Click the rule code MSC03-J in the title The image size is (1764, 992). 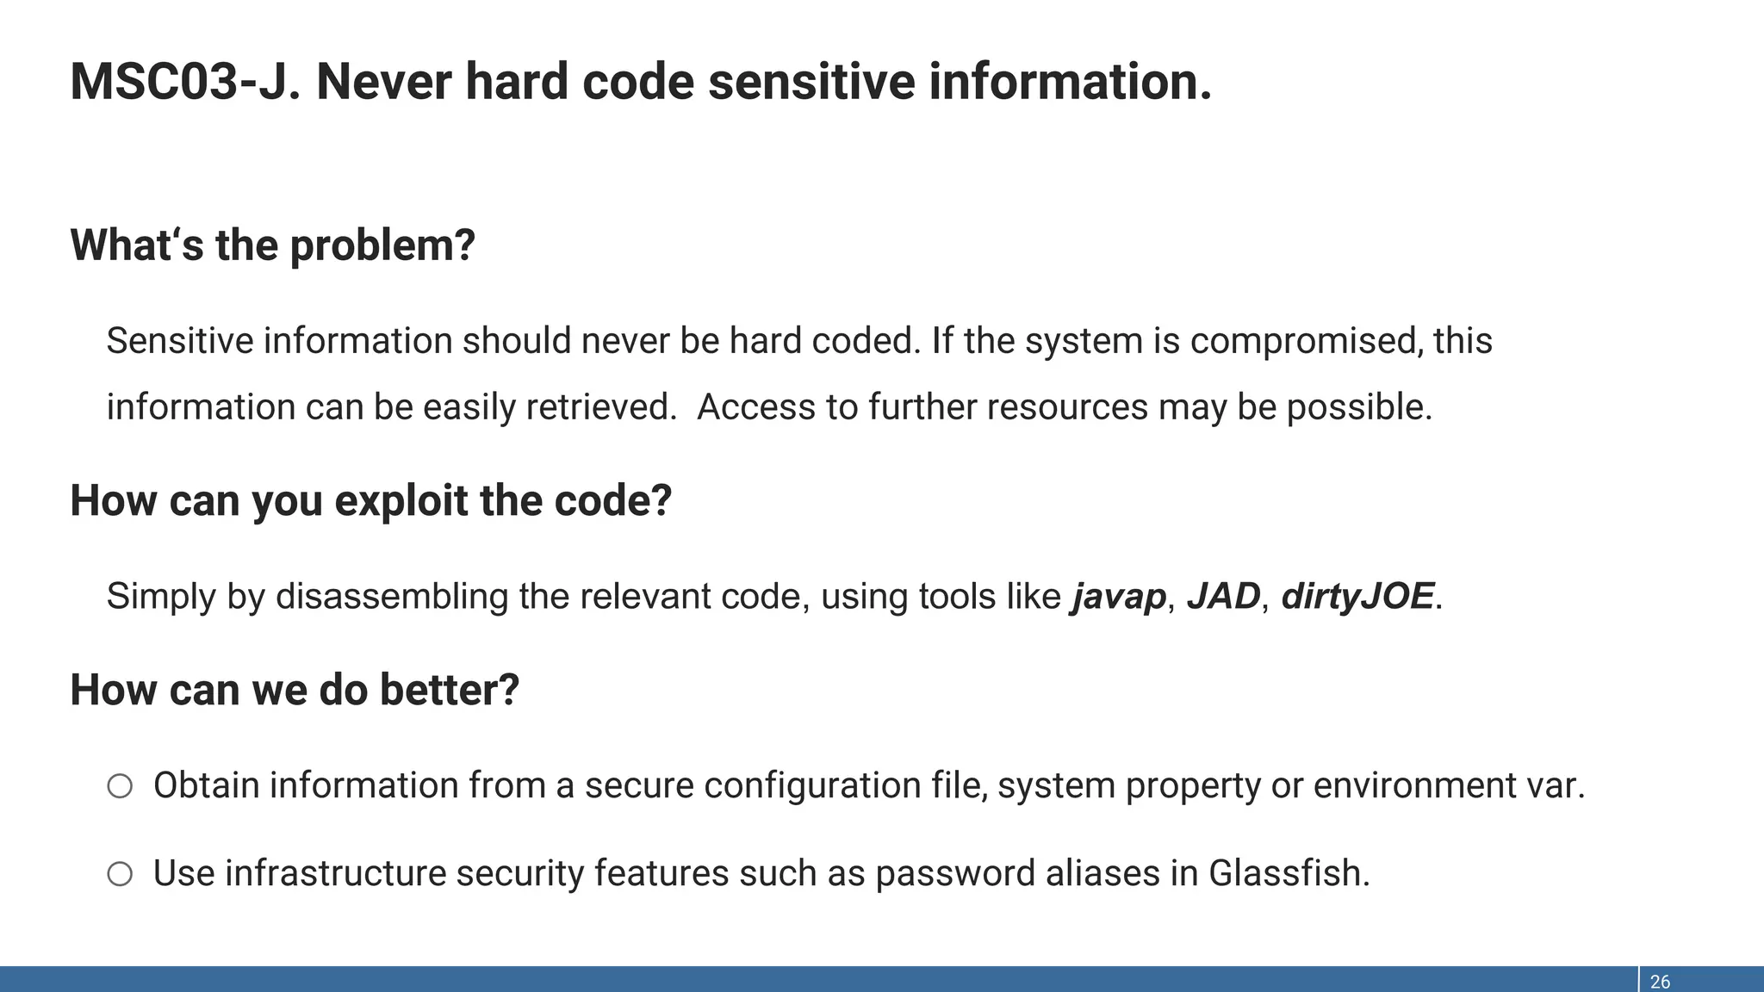[x=184, y=82]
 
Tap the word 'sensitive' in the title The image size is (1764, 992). [x=811, y=82]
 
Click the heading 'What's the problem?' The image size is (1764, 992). [x=272, y=245]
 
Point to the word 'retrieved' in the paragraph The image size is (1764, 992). [x=599, y=407]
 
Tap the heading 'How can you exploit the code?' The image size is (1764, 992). [x=370, y=501]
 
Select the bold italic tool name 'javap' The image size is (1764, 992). [x=1118, y=597]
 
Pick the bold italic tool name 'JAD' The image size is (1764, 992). [x=1223, y=596]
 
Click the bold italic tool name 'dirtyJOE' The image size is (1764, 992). [x=1357, y=597]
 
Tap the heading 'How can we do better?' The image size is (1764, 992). [x=295, y=691]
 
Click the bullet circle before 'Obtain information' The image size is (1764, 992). [x=120, y=786]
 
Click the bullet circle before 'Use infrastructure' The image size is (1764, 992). [x=120, y=874]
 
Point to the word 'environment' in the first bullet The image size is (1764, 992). [x=1419, y=785]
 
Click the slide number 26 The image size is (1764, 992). [x=1660, y=982]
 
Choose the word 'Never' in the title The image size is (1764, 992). [x=383, y=82]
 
